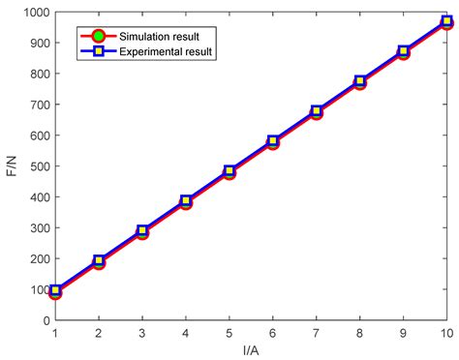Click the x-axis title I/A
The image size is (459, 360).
click(x=251, y=349)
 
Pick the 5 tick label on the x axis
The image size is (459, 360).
click(x=229, y=333)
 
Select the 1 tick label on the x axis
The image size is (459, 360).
click(x=55, y=333)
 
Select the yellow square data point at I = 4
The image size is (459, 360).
click(x=186, y=201)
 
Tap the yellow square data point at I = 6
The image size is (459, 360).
click(x=273, y=141)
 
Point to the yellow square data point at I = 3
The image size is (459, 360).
click(x=142, y=231)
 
